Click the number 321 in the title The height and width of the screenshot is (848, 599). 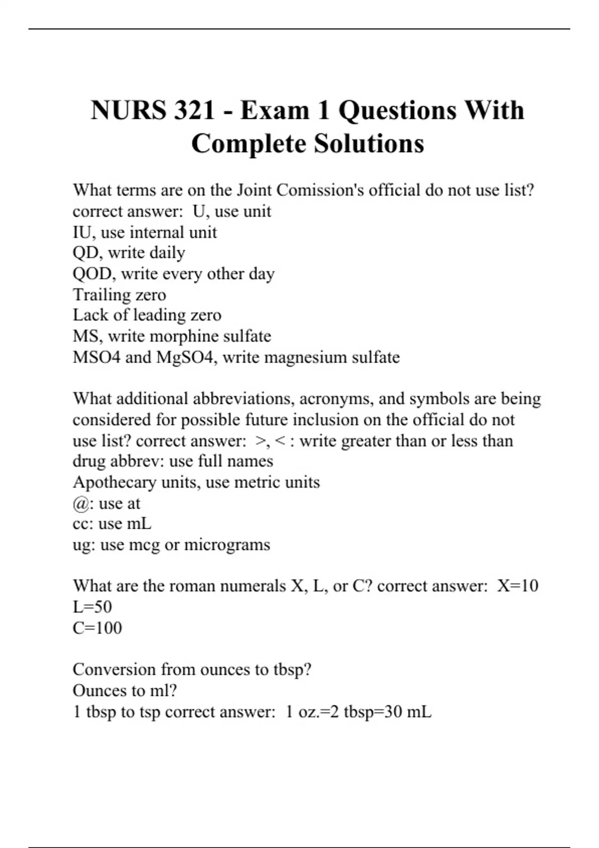click(x=194, y=110)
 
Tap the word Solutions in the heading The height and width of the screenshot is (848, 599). click(x=369, y=144)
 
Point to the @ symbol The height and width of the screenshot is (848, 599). click(x=81, y=503)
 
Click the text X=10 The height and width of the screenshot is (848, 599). click(x=518, y=586)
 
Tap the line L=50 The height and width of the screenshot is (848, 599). click(x=92, y=607)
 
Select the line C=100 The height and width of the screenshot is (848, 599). click(x=97, y=628)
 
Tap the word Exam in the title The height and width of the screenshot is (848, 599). click(x=274, y=110)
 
